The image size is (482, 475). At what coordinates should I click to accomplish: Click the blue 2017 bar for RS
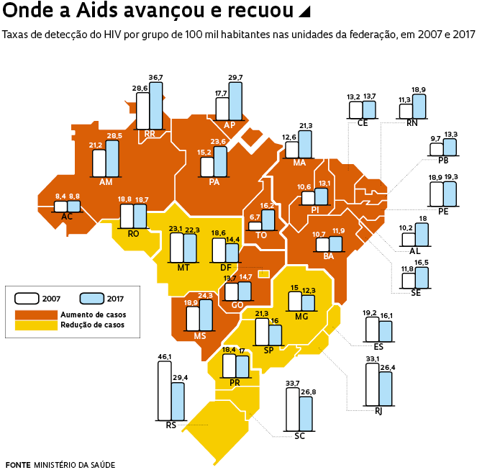click(x=177, y=401)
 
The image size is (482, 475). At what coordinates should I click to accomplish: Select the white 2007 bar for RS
click(x=163, y=389)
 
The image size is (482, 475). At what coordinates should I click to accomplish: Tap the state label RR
click(x=150, y=134)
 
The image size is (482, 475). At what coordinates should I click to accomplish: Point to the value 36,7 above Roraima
click(x=156, y=77)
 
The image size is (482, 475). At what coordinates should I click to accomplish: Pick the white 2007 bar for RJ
click(x=372, y=386)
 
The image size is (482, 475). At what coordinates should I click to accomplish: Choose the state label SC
click(x=300, y=436)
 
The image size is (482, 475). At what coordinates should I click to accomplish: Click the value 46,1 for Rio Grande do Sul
click(x=164, y=356)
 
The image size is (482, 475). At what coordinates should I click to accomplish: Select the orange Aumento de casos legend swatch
click(x=36, y=315)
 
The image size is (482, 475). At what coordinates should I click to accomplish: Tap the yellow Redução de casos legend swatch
click(x=36, y=325)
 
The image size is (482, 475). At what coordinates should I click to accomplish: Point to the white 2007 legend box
click(x=28, y=298)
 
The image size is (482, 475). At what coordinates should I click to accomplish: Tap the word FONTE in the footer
click(x=17, y=464)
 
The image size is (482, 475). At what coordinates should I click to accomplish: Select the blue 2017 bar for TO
click(x=268, y=220)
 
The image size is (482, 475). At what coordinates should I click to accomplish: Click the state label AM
click(x=106, y=182)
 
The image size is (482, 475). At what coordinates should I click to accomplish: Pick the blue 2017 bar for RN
click(x=419, y=107)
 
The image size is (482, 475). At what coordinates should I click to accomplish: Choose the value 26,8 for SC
click(x=306, y=393)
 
